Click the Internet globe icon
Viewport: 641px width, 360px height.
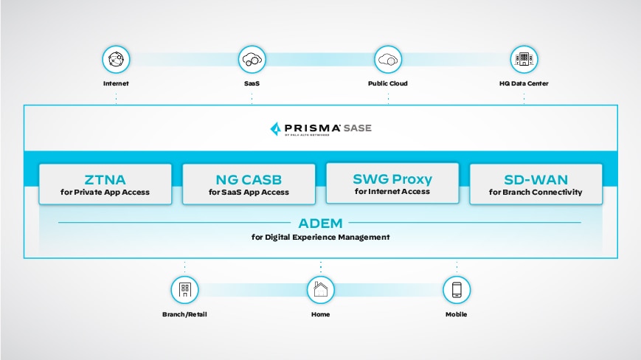click(116, 59)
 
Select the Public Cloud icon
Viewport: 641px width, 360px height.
click(388, 59)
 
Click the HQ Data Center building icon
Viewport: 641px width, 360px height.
click(524, 59)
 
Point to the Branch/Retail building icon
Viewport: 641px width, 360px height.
click(184, 290)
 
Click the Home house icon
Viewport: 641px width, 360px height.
click(320, 290)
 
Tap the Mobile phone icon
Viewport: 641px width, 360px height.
click(456, 290)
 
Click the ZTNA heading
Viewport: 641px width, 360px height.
click(105, 179)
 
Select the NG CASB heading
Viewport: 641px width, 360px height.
click(249, 179)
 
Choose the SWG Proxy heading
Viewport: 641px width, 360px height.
click(392, 178)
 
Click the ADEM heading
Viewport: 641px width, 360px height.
click(320, 222)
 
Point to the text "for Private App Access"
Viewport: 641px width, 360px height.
click(105, 193)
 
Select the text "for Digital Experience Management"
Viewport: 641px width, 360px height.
click(320, 237)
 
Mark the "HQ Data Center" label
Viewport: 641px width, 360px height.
click(524, 83)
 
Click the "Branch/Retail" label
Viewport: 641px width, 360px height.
click(184, 314)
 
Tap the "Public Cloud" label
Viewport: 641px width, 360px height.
click(388, 83)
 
